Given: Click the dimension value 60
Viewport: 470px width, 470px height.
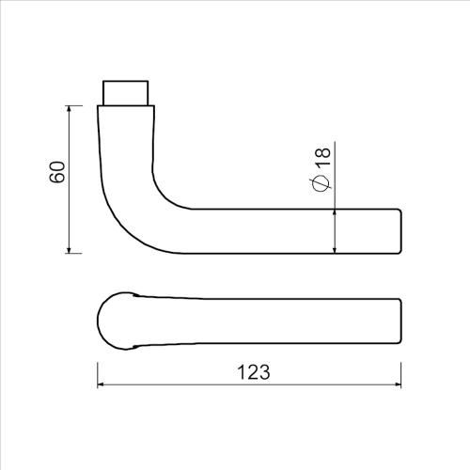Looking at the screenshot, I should pyautogui.click(x=56, y=174).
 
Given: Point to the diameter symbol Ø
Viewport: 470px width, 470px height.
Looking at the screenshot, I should pyautogui.click(x=321, y=183).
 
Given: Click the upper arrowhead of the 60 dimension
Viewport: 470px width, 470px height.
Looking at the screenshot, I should pyautogui.click(x=70, y=111).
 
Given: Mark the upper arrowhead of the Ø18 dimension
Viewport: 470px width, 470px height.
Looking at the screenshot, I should pyautogui.click(x=335, y=213).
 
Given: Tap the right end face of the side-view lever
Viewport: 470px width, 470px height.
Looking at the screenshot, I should pyautogui.click(x=402, y=230).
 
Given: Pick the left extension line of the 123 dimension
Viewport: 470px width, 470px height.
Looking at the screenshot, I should pyautogui.click(x=98, y=371).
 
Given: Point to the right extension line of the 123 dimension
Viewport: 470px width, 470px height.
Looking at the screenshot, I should pyautogui.click(x=402, y=371).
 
